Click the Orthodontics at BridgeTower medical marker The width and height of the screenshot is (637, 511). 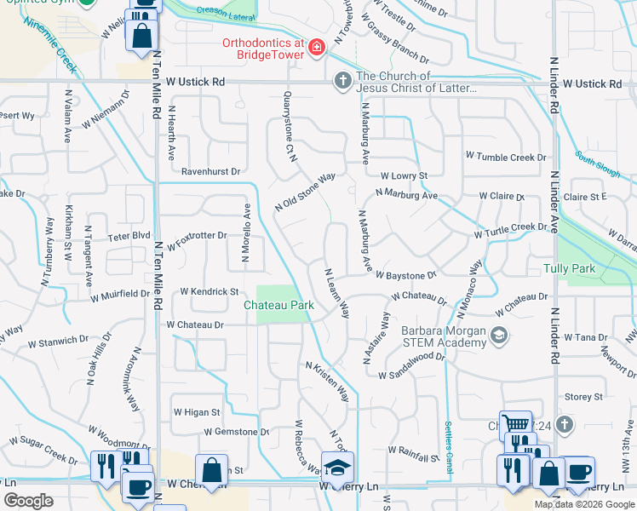coord(317,46)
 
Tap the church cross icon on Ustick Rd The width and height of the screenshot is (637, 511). coord(342,81)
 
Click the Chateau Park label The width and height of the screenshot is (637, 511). coord(278,305)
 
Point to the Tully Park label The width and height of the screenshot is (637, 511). coord(568,268)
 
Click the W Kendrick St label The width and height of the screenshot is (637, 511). coord(209,291)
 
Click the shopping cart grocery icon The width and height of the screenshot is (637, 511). coord(514,423)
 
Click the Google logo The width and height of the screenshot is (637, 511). coord(28,501)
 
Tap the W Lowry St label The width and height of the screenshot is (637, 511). coord(403,175)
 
